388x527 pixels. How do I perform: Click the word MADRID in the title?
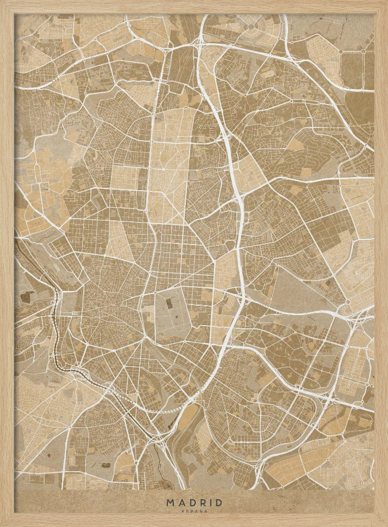(x=194, y=502)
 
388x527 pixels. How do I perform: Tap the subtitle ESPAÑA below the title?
(x=194, y=510)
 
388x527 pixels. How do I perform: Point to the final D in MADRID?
(x=219, y=502)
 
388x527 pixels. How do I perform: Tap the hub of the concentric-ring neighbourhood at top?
(x=251, y=25)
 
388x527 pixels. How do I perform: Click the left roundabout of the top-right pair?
(x=341, y=51)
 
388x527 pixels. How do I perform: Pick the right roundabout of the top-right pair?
(x=363, y=51)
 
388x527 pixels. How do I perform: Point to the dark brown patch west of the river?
(x=25, y=297)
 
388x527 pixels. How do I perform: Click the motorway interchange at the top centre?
(x=201, y=40)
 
